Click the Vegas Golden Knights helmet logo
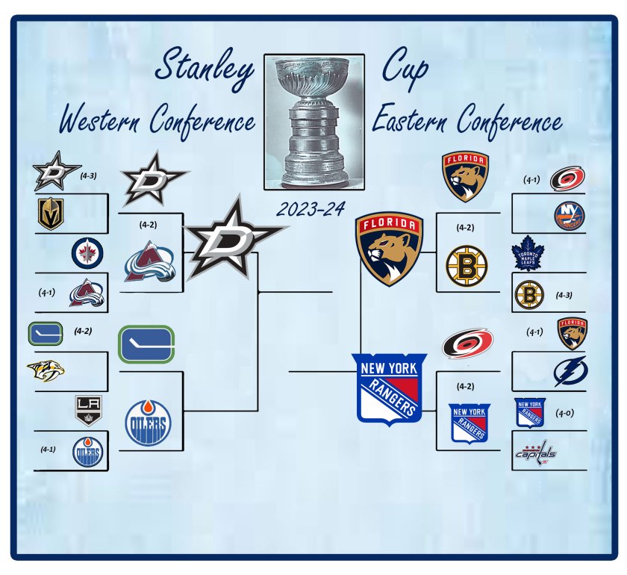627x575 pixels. click(51, 214)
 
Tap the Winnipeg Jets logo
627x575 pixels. click(87, 253)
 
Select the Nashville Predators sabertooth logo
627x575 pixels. click(46, 371)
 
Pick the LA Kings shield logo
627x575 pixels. click(88, 411)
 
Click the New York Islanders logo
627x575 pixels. click(570, 216)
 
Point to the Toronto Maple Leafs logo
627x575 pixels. click(528, 253)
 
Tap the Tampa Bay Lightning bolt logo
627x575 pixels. click(570, 371)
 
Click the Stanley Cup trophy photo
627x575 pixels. click(314, 122)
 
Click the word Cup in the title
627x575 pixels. click(405, 68)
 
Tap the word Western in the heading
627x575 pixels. click(100, 119)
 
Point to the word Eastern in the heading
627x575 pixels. click(409, 119)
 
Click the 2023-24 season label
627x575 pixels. click(311, 209)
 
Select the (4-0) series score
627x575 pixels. click(564, 413)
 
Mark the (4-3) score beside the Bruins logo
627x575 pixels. click(564, 295)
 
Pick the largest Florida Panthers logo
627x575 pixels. click(389, 249)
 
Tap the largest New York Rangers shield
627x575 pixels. click(389, 389)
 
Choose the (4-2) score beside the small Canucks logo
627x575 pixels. click(83, 331)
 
